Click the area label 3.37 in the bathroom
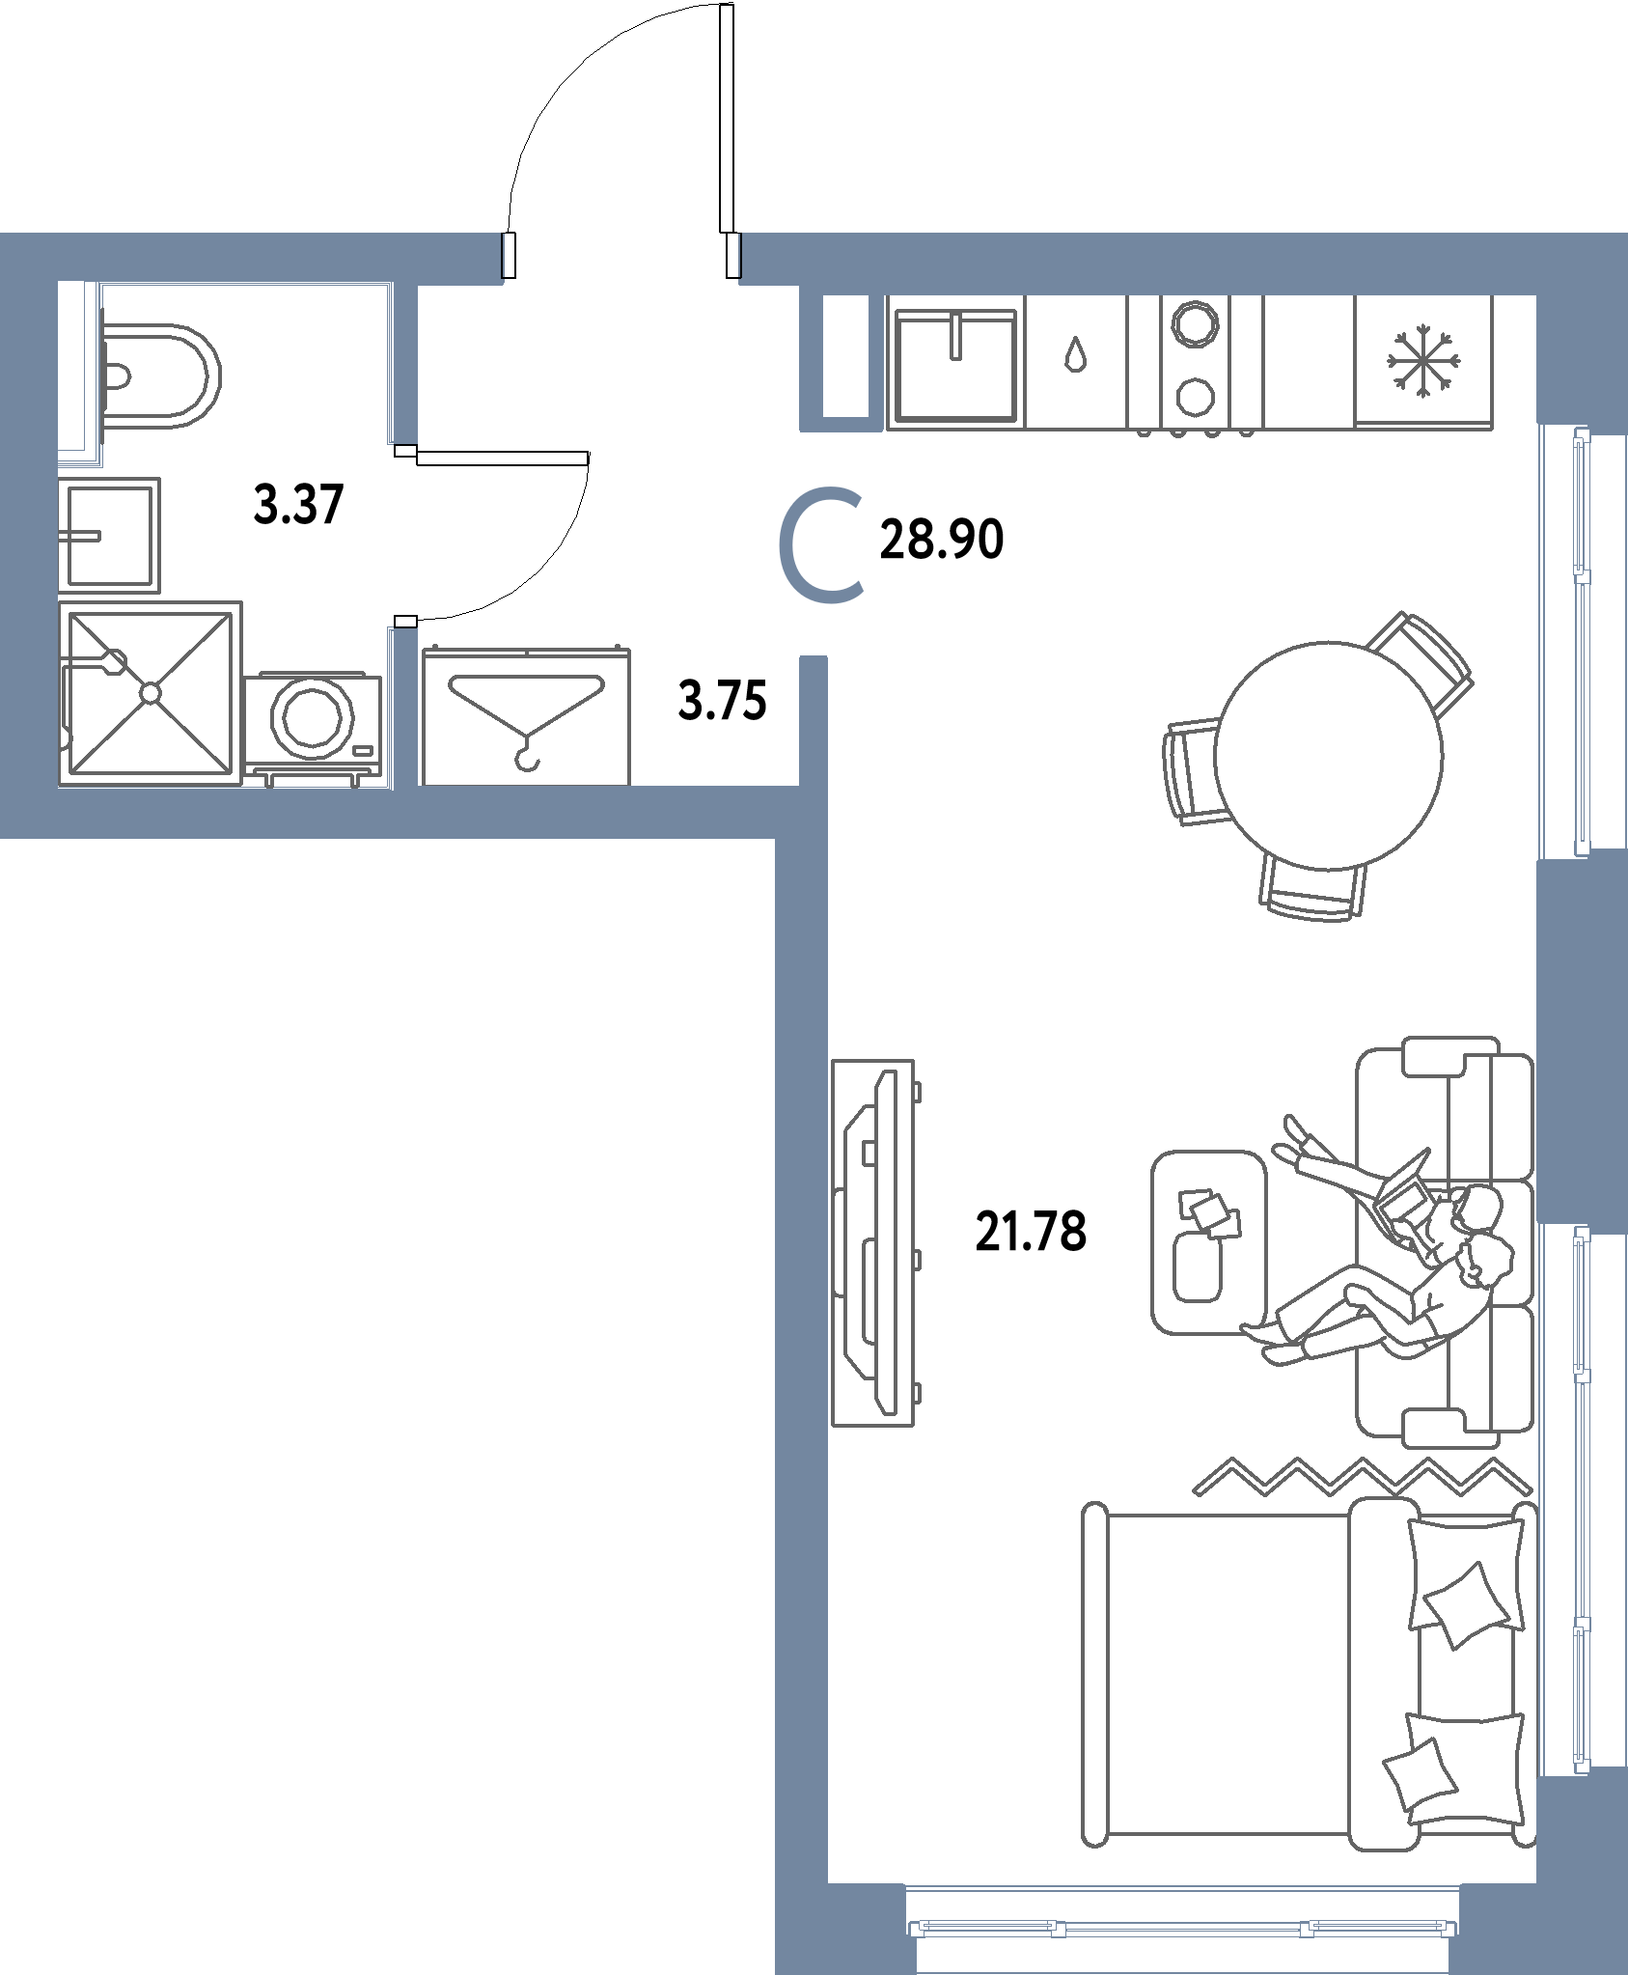298,505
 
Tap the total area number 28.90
942,540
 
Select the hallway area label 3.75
723,702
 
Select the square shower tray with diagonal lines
150,692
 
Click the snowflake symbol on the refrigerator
1423,363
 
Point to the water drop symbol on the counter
1074,354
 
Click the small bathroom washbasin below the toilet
109,534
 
